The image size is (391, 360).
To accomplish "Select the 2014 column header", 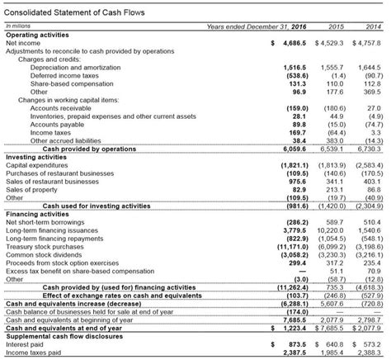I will tap(372, 27).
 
